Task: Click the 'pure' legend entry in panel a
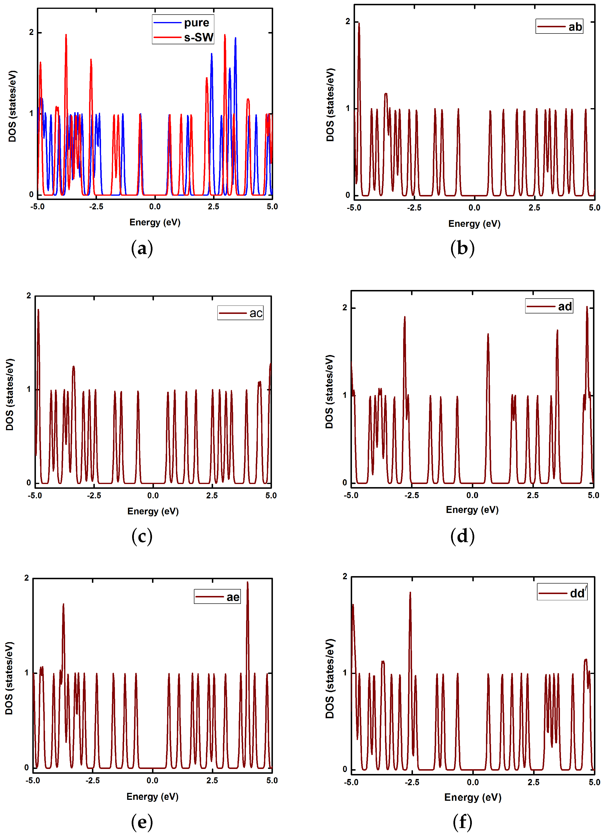(x=196, y=23)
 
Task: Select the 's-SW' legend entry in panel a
(x=199, y=37)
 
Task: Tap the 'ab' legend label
(x=575, y=27)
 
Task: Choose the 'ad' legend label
(x=565, y=306)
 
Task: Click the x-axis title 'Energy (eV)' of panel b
(x=474, y=224)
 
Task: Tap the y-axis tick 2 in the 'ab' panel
(x=348, y=22)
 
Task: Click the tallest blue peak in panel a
(x=235, y=38)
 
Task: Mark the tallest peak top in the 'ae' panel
(x=248, y=583)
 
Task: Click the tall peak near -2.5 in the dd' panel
(x=410, y=593)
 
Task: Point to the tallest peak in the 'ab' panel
(x=359, y=23)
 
